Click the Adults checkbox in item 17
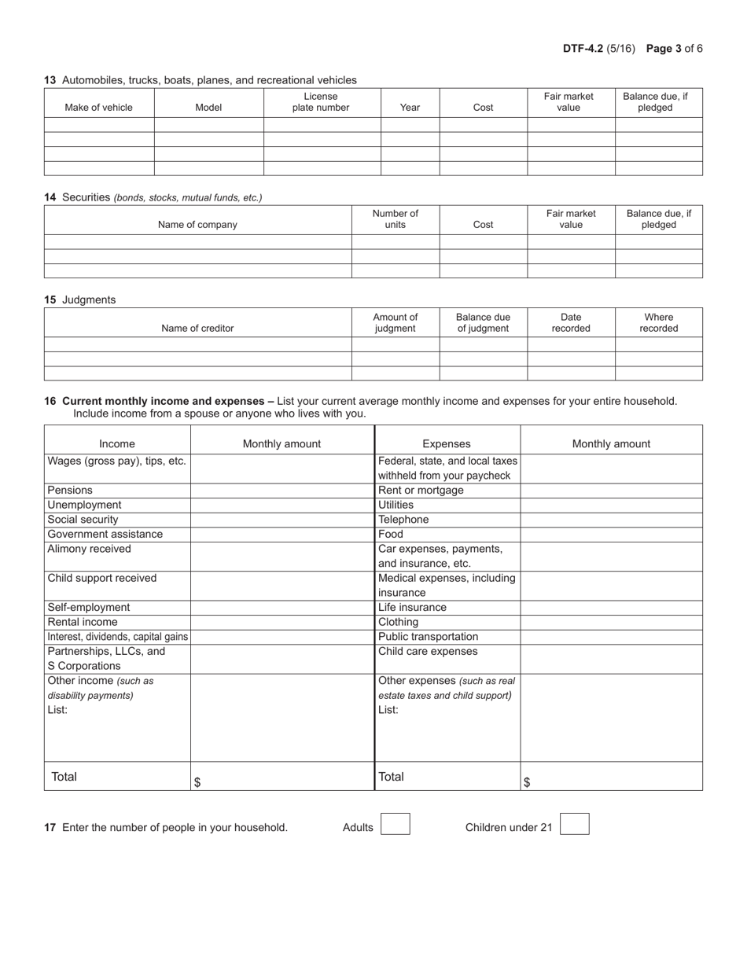coord(395,824)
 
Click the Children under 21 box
coord(574,824)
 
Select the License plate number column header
coord(321,102)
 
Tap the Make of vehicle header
coord(98,108)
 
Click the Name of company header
coord(197,225)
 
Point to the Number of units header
coord(395,219)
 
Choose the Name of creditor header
coord(197,329)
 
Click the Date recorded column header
coord(570,323)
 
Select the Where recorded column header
coord(658,323)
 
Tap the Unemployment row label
coord(85,505)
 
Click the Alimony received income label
coord(90,549)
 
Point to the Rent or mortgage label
coord(421,491)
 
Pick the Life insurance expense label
coord(412,608)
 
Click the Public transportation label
coord(428,637)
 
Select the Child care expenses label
coord(428,652)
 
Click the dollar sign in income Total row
coord(197,782)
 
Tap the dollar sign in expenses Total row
coord(526,782)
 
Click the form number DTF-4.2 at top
coord(583,49)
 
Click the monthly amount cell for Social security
coord(282,520)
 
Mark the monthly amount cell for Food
coord(611,535)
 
